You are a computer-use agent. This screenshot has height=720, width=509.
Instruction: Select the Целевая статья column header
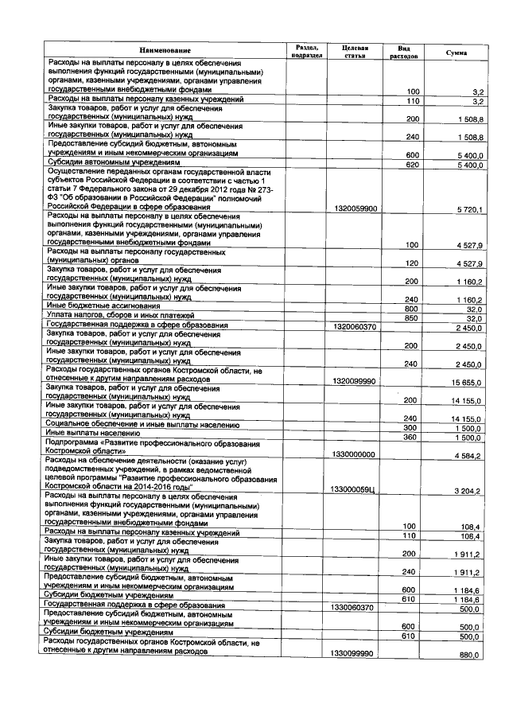pyautogui.click(x=353, y=52)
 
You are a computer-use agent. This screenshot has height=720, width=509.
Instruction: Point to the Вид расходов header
pyautogui.click(x=405, y=52)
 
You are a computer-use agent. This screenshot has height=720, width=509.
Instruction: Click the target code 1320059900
pyautogui.click(x=356, y=207)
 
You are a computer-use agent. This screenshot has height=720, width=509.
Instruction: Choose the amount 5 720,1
pyautogui.click(x=469, y=207)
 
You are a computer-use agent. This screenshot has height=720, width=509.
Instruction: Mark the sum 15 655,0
pyautogui.click(x=468, y=381)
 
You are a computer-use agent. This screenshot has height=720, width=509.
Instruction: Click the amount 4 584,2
pyautogui.click(x=469, y=453)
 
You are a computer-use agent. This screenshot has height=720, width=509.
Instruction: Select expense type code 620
pyautogui.click(x=412, y=165)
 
